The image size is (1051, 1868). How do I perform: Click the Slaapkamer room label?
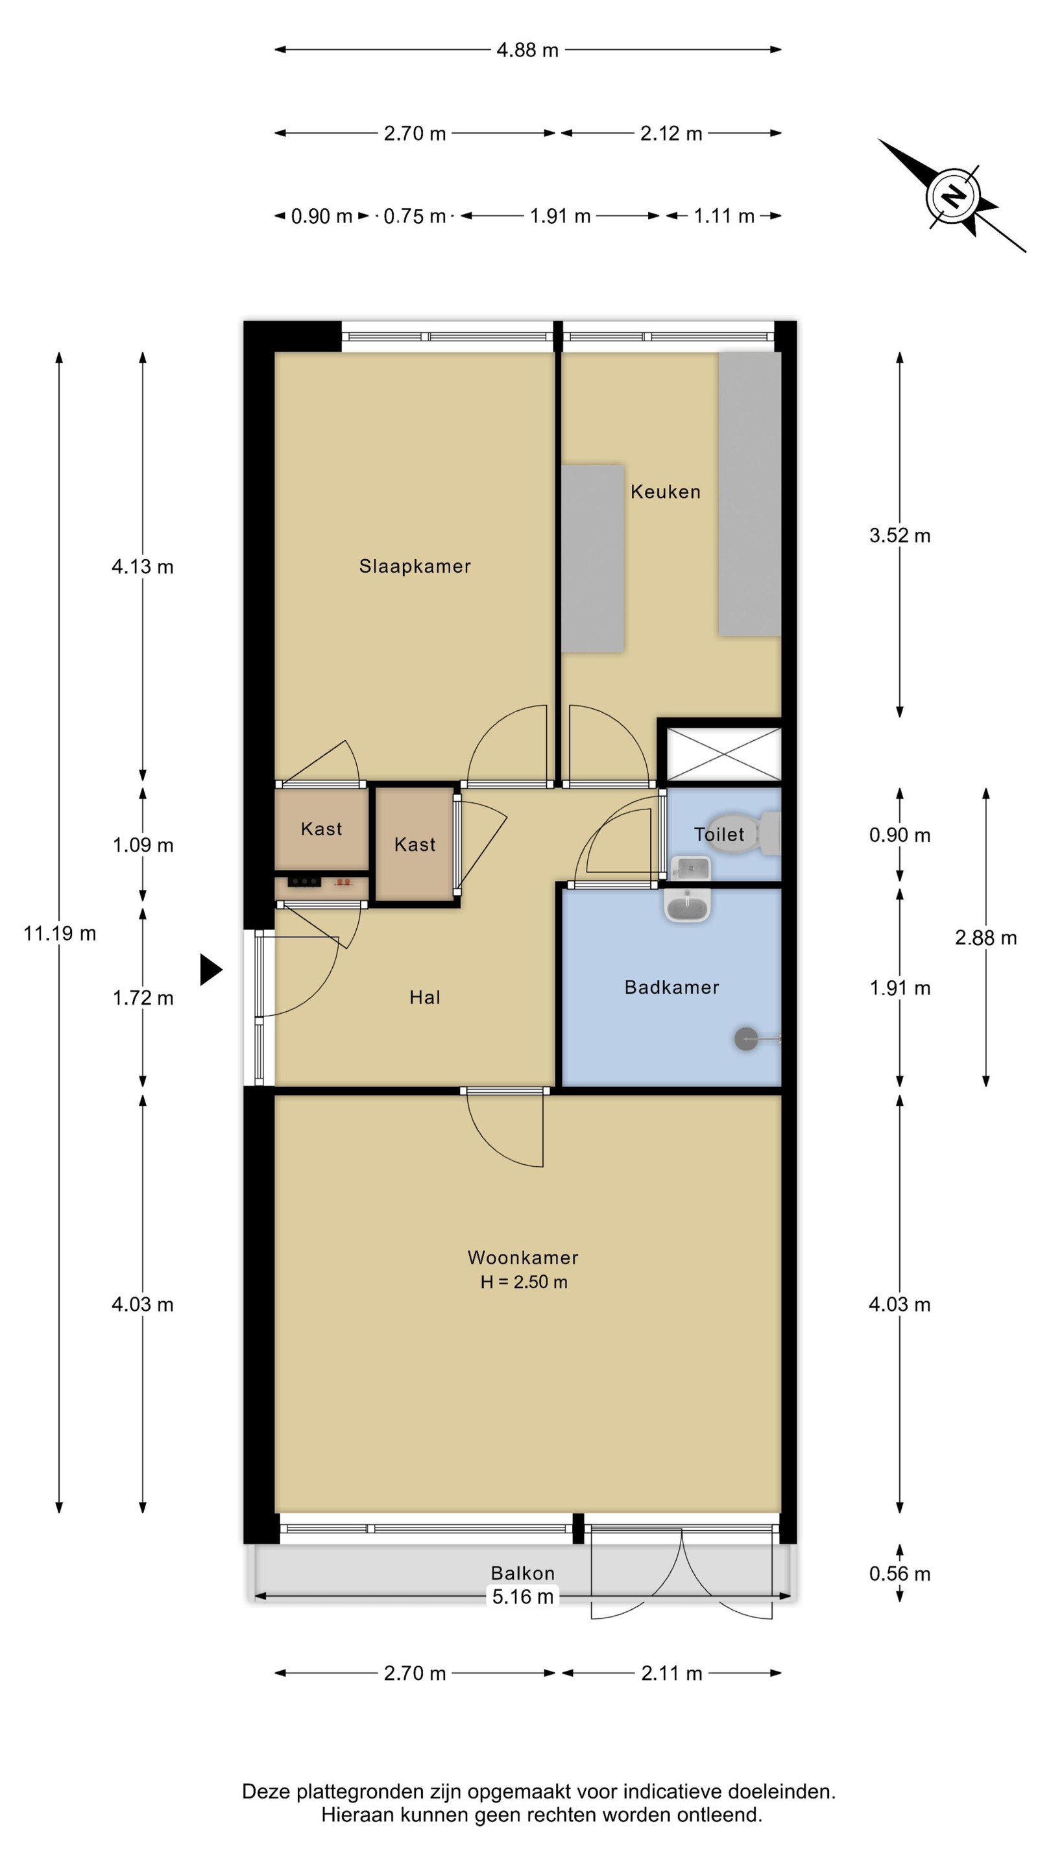click(415, 566)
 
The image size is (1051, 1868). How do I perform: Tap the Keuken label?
click(665, 492)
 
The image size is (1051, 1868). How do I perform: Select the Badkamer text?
click(671, 987)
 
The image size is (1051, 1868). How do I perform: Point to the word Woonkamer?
click(523, 1258)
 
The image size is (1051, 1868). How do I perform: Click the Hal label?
click(424, 997)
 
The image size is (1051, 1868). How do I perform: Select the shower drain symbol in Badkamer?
click(745, 1039)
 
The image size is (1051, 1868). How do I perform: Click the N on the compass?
click(952, 196)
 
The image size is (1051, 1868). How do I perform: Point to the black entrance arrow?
click(210, 970)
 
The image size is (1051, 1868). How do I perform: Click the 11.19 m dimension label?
click(60, 933)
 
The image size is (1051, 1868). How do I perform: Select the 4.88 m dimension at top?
click(527, 50)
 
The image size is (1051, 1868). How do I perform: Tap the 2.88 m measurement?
click(985, 938)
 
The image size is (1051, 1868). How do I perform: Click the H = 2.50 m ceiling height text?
click(524, 1282)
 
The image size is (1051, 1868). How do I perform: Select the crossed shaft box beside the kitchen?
click(724, 755)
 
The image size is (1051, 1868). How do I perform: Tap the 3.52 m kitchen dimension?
click(899, 535)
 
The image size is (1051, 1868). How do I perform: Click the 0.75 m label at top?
click(414, 216)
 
